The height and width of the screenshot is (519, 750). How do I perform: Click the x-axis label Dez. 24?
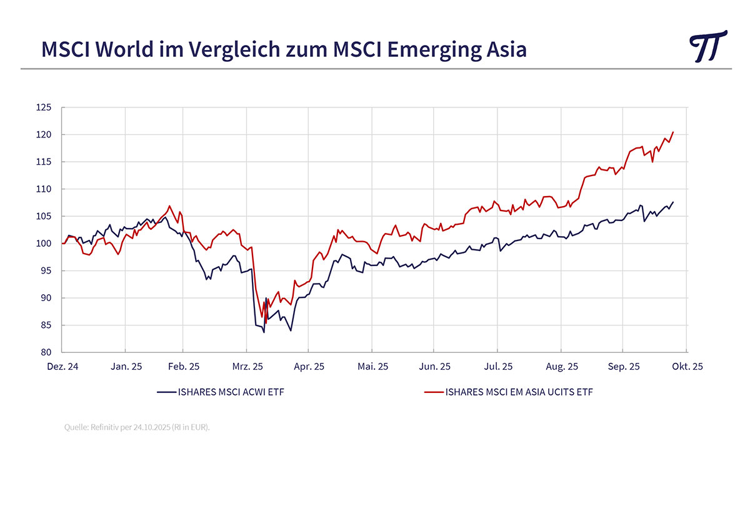coord(62,367)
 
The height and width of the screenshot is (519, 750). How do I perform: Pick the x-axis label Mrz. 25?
coord(247,367)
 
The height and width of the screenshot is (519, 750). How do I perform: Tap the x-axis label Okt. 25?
coord(687,367)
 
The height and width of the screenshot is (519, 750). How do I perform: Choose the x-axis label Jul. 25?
coord(498,367)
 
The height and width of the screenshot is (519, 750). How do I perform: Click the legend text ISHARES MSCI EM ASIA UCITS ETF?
coord(519,393)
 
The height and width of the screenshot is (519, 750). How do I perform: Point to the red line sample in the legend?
coord(434,393)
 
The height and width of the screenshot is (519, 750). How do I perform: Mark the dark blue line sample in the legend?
coord(166,393)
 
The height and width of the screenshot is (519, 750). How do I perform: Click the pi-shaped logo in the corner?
coord(708,46)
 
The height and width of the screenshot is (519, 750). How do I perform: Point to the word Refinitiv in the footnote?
coord(109,428)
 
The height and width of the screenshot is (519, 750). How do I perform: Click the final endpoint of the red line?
coord(673,132)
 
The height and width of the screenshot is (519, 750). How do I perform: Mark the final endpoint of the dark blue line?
coord(673,202)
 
